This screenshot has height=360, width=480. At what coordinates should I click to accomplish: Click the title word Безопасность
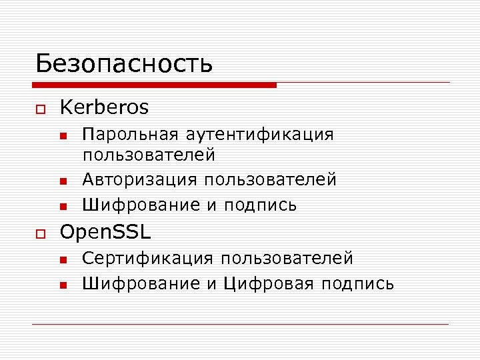(124, 63)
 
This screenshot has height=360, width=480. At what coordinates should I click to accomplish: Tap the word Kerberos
(104, 107)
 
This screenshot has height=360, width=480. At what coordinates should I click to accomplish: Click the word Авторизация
(139, 179)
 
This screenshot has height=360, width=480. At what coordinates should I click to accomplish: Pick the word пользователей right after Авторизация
(270, 179)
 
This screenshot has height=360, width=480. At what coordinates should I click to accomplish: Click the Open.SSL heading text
(105, 232)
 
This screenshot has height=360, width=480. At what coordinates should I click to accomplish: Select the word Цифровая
(268, 284)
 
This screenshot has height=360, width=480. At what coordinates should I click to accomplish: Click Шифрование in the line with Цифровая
(141, 284)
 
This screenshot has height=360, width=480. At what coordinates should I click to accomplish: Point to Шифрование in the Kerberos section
(141, 205)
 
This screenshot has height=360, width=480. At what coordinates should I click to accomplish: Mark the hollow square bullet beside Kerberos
(40, 109)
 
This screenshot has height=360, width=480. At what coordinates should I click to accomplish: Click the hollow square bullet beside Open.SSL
(40, 233)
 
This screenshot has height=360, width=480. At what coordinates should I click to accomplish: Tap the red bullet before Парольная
(63, 136)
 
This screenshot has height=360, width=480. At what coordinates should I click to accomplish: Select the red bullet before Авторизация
(63, 181)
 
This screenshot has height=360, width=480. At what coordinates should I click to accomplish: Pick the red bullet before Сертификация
(63, 259)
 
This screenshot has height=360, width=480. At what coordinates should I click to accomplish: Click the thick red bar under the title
(154, 85)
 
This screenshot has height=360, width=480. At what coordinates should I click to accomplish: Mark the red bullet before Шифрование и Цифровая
(63, 285)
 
